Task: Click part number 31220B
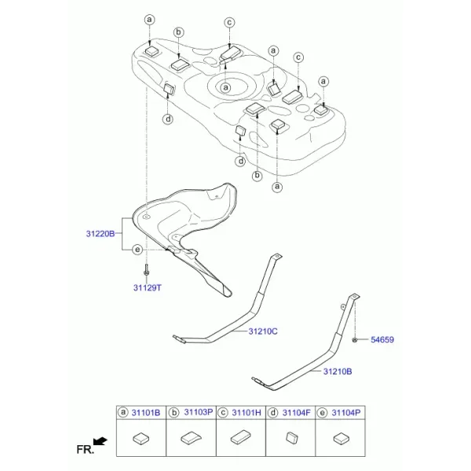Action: pyautogui.click(x=100, y=234)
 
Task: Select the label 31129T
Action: pyautogui.click(x=148, y=288)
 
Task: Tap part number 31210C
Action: pyautogui.click(x=263, y=331)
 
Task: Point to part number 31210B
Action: pyautogui.click(x=338, y=371)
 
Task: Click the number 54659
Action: pyautogui.click(x=382, y=340)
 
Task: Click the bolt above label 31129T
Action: pyautogui.click(x=146, y=270)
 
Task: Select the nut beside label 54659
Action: pyautogui.click(x=355, y=340)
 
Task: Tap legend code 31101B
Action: pyautogui.click(x=146, y=413)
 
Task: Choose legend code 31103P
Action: pyautogui.click(x=199, y=412)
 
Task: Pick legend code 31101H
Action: pyautogui.click(x=246, y=413)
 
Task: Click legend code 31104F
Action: pyautogui.click(x=296, y=413)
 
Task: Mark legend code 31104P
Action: pyautogui.click(x=346, y=413)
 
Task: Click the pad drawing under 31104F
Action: pyautogui.click(x=292, y=438)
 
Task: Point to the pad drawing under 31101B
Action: pyautogui.click(x=141, y=439)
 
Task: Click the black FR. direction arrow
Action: pyautogui.click(x=100, y=441)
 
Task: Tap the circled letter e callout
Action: pyautogui.click(x=137, y=250)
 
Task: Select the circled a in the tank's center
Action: pyautogui.click(x=225, y=87)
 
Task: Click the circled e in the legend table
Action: pyautogui.click(x=322, y=413)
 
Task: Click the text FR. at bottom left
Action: pyautogui.click(x=86, y=450)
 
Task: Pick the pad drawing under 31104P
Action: pyautogui.click(x=341, y=439)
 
